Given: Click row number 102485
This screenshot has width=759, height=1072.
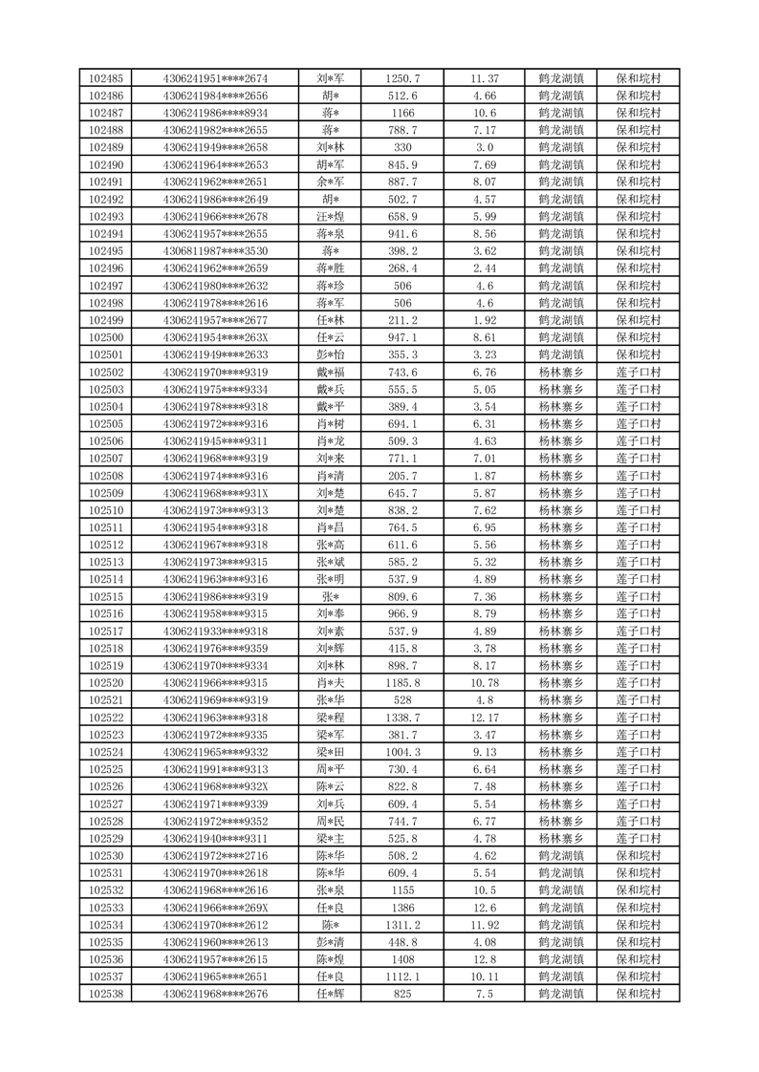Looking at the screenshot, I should point(105,78).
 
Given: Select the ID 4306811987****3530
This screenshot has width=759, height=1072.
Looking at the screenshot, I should point(215,251).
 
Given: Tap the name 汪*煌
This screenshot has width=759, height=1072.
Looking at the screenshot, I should point(331,217).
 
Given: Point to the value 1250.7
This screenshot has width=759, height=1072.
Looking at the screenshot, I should point(401,78).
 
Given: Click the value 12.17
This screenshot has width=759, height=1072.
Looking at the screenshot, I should point(484,718).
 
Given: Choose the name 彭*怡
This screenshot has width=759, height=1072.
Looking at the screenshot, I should point(331,355).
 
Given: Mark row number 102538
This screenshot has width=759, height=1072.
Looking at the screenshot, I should point(105,995).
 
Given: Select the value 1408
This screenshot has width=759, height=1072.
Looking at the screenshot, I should point(401,960).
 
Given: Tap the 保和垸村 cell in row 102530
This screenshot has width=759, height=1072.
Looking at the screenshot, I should point(639,856).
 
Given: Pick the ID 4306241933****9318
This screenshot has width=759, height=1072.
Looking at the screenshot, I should point(215,632).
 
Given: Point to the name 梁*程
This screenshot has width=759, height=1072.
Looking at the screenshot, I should point(331,718).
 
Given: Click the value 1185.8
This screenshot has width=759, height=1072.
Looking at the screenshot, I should point(401,683).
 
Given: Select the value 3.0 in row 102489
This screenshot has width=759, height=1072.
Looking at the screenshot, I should point(484,147).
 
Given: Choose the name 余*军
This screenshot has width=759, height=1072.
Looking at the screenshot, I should point(331,182).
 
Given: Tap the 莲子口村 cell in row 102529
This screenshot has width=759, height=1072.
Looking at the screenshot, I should point(639,839).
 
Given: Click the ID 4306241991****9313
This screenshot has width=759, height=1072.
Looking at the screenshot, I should point(215,770).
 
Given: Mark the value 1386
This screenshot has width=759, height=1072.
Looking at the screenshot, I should point(401,908).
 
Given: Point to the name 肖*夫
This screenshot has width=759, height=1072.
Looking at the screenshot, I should point(331,683).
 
